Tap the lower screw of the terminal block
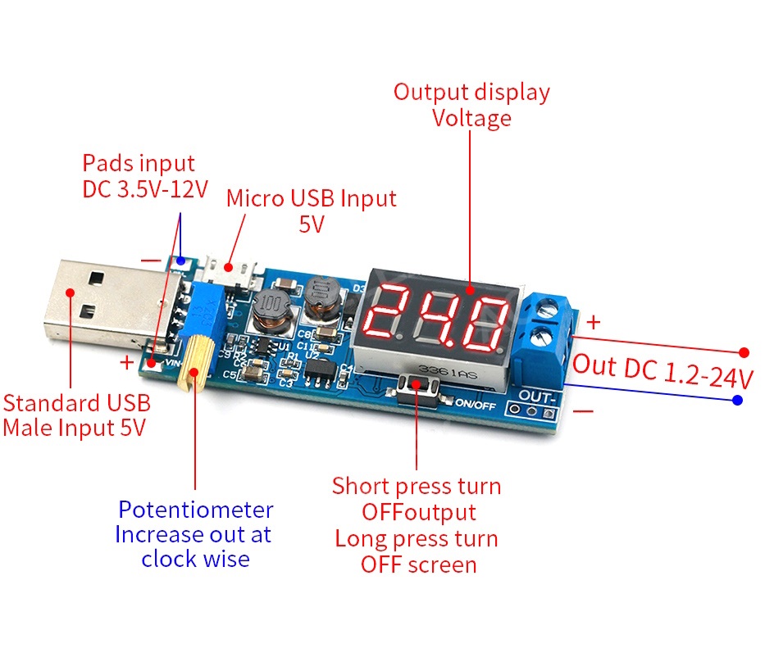(x=551, y=336)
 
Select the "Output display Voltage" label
(x=471, y=105)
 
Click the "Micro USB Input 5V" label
(x=311, y=211)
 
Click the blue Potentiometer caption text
(x=195, y=534)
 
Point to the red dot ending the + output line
(x=745, y=352)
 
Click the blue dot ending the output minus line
(x=738, y=400)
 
